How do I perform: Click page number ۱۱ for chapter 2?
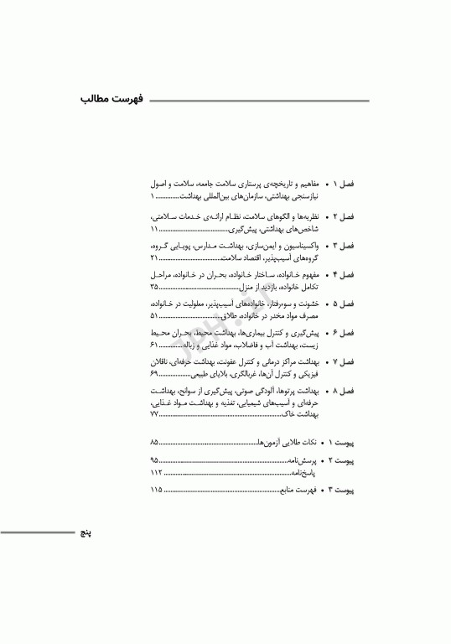(x=154, y=229)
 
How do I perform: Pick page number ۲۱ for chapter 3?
(x=154, y=258)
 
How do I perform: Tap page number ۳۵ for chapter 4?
(x=154, y=287)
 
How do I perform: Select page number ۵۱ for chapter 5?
(x=154, y=316)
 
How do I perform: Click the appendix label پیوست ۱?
(x=342, y=441)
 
